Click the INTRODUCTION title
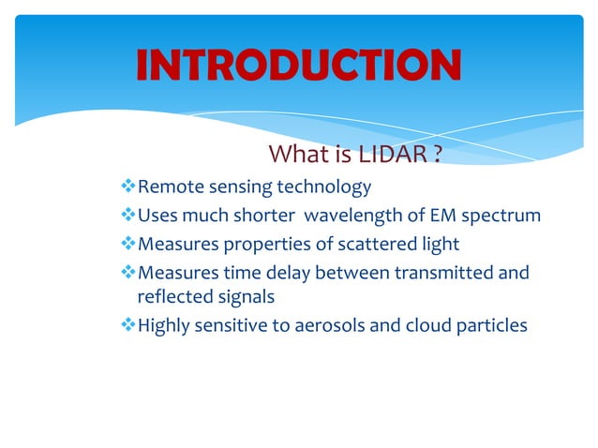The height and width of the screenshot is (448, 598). tap(298, 65)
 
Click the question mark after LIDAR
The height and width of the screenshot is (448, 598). tap(437, 154)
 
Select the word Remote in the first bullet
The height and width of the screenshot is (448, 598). tap(167, 187)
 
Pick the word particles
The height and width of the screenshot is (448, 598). tap(493, 326)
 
